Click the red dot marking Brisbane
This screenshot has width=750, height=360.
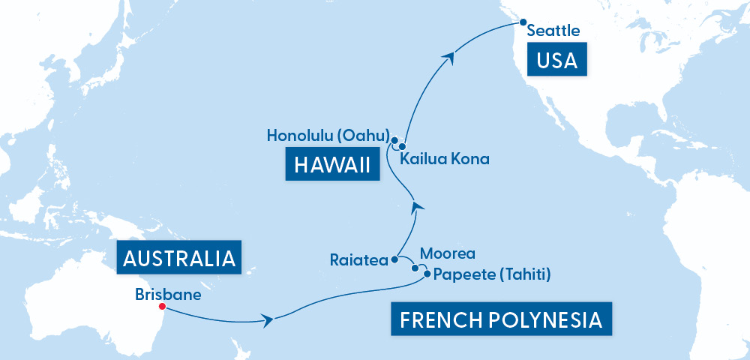click(162, 306)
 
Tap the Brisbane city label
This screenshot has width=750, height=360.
click(168, 294)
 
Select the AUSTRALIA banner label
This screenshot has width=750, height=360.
click(179, 259)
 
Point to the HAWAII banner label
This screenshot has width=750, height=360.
click(332, 165)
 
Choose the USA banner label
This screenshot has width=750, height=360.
click(556, 60)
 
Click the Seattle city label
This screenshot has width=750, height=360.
click(553, 31)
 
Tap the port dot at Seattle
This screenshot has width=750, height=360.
click(523, 22)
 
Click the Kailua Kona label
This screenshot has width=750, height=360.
click(444, 159)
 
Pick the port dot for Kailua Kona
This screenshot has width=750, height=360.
click(402, 146)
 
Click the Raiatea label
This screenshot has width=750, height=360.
click(358, 260)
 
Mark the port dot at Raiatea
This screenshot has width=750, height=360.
click(394, 260)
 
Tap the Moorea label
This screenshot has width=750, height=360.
click(447, 254)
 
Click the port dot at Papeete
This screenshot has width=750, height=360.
click(427, 274)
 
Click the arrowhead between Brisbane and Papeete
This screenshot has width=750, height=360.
click(267, 321)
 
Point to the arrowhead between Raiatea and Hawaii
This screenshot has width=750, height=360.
click(418, 205)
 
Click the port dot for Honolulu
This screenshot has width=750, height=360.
click(393, 139)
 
